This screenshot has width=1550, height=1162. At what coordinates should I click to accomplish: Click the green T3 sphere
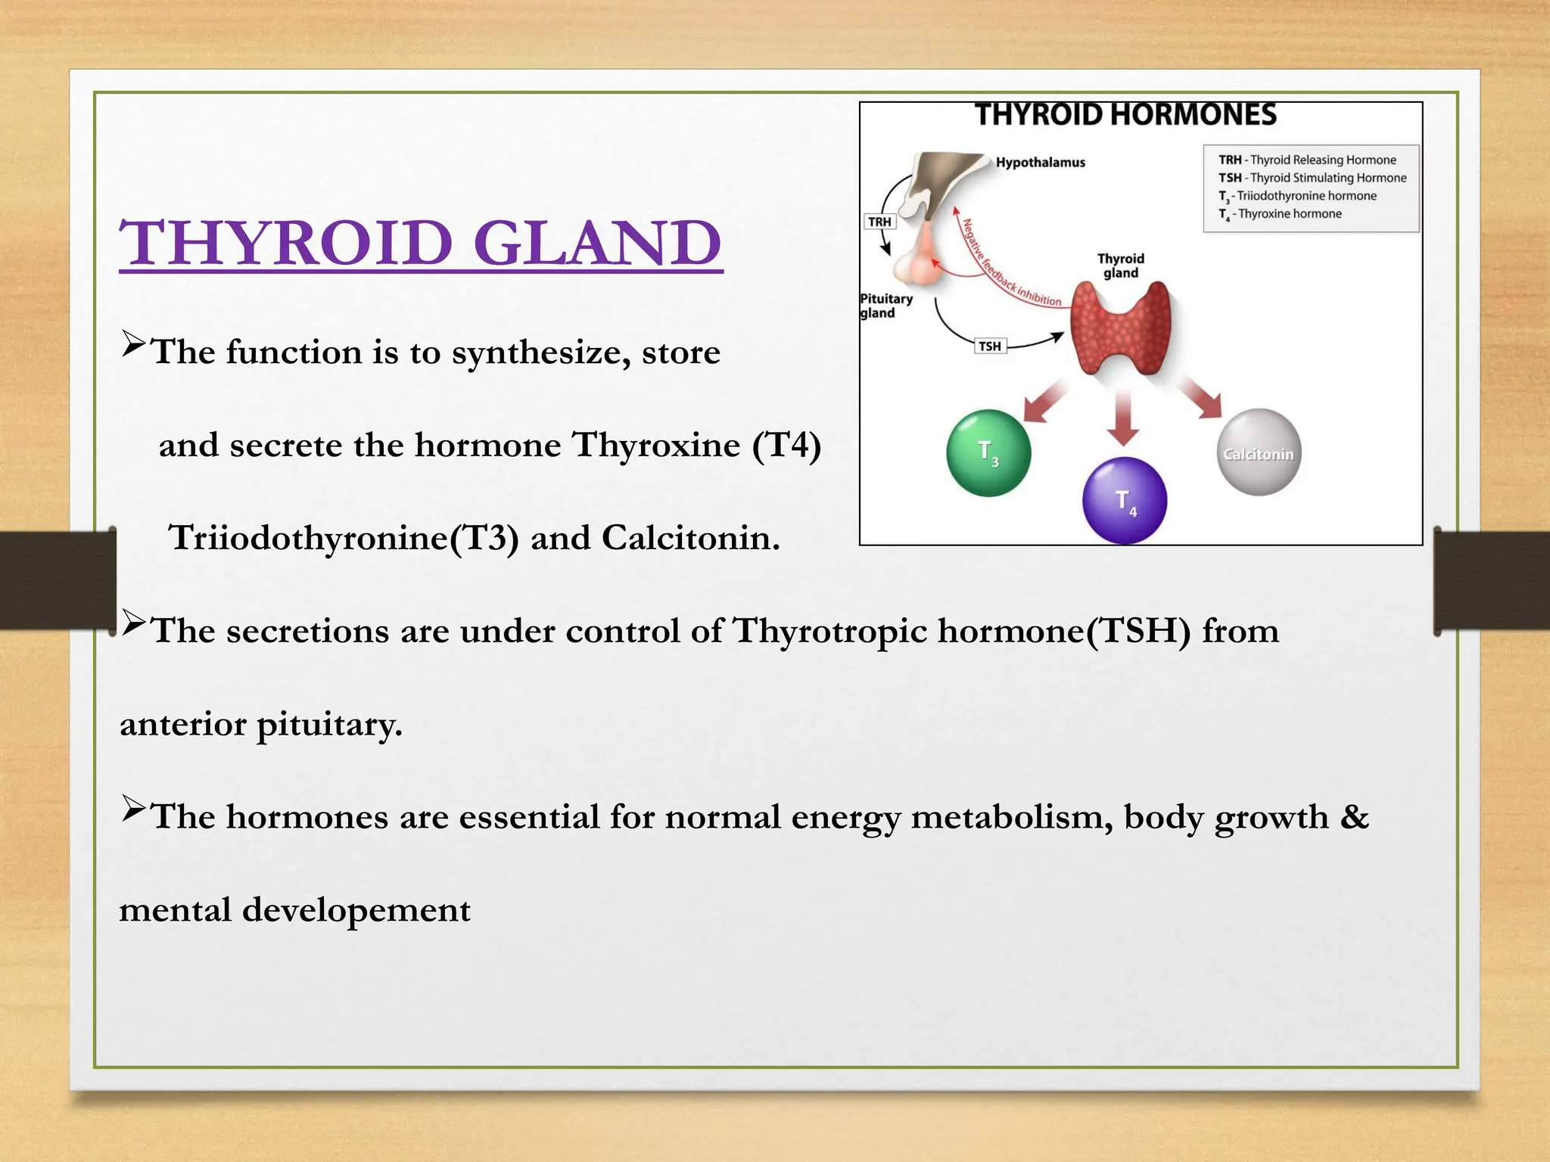pos(988,452)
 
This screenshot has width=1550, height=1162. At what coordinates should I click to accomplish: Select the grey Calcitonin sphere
pos(1259,452)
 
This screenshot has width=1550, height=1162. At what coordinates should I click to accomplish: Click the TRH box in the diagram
pos(879,222)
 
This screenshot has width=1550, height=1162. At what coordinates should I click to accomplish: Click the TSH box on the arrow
pos(990,346)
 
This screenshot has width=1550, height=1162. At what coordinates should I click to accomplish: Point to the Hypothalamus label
pos(1040,163)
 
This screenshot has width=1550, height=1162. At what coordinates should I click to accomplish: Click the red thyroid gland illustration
pos(1121,329)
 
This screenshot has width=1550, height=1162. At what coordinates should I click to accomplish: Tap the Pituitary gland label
pos(885,306)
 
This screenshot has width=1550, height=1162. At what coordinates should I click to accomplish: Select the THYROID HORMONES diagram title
pos(1125,115)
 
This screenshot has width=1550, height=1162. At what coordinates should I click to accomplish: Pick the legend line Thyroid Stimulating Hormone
pos(1312,178)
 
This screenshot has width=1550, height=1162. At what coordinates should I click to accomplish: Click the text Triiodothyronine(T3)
pos(344,538)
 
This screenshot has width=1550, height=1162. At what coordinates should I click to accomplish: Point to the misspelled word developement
pos(356,910)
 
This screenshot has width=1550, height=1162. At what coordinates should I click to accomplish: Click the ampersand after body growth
pos(1354,817)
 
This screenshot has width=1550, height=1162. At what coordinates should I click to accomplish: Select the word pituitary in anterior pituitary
pos(329,725)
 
